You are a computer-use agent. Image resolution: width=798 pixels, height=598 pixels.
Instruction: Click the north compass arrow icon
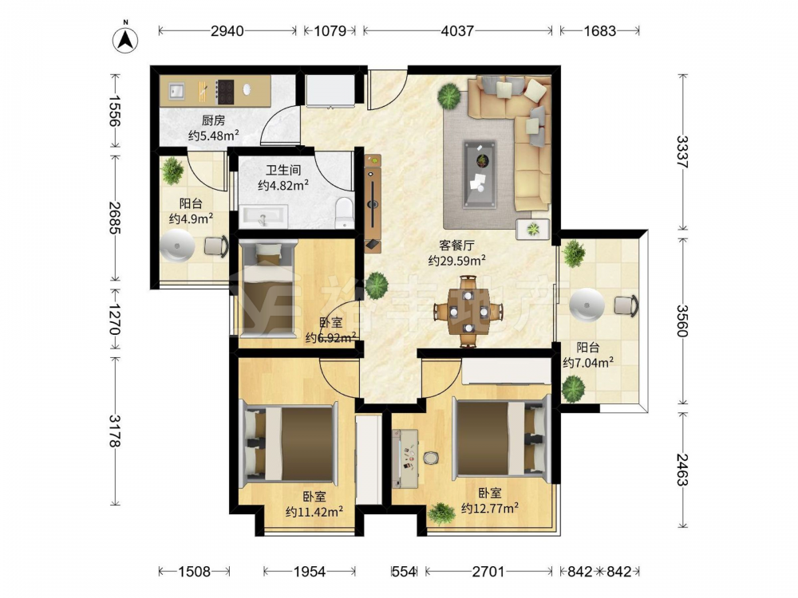click(125, 38)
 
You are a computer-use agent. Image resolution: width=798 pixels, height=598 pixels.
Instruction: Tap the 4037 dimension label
click(457, 31)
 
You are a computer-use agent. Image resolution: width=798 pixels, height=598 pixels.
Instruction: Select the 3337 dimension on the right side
click(682, 151)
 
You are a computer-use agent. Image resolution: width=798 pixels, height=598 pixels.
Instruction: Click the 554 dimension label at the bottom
click(404, 572)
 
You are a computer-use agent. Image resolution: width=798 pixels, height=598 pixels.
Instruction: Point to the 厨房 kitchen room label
click(213, 120)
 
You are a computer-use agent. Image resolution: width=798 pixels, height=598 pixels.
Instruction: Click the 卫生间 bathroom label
click(283, 171)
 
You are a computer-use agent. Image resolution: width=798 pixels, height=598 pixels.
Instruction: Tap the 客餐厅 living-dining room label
click(456, 245)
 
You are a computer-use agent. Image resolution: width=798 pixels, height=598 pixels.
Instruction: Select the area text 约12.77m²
click(490, 508)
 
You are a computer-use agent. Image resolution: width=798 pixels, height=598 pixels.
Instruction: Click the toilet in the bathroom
click(345, 212)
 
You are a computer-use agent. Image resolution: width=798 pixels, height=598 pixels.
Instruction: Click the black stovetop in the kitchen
click(225, 92)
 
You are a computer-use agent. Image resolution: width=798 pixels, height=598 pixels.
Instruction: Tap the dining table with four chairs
click(468, 311)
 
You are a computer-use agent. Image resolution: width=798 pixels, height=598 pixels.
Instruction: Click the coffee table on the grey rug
click(480, 174)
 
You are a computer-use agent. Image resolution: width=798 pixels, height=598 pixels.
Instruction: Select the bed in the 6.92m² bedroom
click(267, 289)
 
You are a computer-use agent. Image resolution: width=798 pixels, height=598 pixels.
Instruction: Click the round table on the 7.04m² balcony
click(587, 305)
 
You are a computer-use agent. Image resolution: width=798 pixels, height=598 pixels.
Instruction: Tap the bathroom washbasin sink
click(263, 217)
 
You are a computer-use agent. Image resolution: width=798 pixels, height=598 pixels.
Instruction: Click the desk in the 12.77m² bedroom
click(405, 458)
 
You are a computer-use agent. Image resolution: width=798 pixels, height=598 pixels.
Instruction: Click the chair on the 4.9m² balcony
click(215, 246)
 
